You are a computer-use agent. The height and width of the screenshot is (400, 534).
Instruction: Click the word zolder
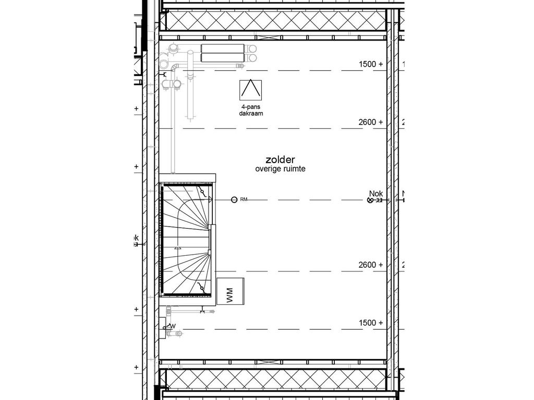tap(280, 160)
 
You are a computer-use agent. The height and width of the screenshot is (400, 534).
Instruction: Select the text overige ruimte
tap(280, 169)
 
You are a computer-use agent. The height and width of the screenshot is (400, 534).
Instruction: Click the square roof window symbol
tap(250, 90)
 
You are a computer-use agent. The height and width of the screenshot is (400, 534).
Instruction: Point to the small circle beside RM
tap(234, 199)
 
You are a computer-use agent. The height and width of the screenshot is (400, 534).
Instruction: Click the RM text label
tap(244, 199)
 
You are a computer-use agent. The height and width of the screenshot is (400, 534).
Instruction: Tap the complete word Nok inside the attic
tap(375, 193)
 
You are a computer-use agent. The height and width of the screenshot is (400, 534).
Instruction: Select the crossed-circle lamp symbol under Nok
tap(371, 199)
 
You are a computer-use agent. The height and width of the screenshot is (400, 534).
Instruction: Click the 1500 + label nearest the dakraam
tap(371, 64)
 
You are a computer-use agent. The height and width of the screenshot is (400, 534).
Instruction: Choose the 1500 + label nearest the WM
tap(371, 323)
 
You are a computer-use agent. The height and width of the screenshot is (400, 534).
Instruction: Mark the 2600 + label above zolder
tap(371, 122)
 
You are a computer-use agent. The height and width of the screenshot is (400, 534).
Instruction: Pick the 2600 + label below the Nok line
tap(371, 265)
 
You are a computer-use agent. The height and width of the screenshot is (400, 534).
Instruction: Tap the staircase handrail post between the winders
tap(210, 240)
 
